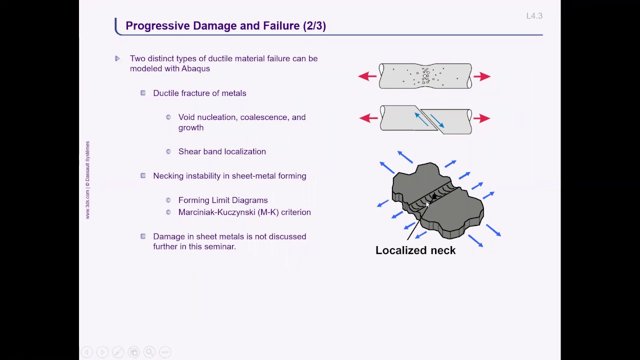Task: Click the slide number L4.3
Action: coord(534,16)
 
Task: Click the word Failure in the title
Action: coord(281,25)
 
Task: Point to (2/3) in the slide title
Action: coord(314,26)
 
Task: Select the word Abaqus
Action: coord(195,68)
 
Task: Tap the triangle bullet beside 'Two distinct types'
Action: coord(117,58)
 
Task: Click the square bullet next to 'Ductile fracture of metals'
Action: coord(143,93)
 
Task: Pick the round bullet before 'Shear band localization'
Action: coord(168,151)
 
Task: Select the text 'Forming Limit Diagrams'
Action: coord(223,200)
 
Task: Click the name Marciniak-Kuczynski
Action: coord(216,212)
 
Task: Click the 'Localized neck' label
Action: coord(415,250)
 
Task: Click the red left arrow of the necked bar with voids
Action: coord(367,76)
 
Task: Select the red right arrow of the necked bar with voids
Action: coord(482,76)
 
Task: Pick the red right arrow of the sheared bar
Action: coord(481,118)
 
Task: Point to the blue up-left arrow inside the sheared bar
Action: coord(421,119)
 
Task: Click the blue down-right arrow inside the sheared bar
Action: coord(437,121)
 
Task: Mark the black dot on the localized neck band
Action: coord(434,196)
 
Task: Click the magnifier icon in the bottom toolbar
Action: coord(149,352)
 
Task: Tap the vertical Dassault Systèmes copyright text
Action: coord(87,180)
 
